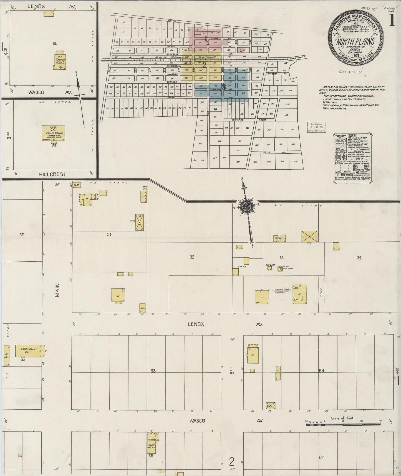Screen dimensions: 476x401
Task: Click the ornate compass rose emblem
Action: (x=246, y=206)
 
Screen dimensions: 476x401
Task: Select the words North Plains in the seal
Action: (x=356, y=42)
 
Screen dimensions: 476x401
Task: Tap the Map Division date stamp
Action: (x=317, y=127)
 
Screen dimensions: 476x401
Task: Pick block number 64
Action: (x=322, y=370)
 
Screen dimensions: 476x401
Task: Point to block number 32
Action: (x=192, y=257)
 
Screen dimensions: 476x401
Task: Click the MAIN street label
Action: (x=57, y=290)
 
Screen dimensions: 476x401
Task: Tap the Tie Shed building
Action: (x=7, y=355)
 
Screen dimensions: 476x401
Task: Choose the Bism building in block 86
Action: (x=152, y=444)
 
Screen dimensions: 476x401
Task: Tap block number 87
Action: (x=321, y=457)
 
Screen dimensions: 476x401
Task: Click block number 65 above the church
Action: (x=55, y=43)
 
